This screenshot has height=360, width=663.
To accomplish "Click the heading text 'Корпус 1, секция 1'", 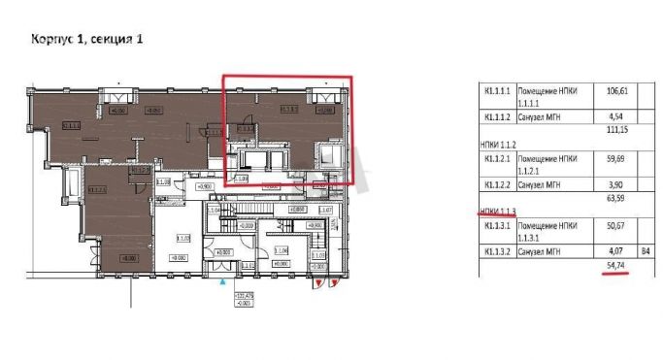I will [86, 40].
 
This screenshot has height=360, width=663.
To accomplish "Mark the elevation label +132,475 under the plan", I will [239, 292].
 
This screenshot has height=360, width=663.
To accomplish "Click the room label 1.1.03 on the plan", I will [182, 238].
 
